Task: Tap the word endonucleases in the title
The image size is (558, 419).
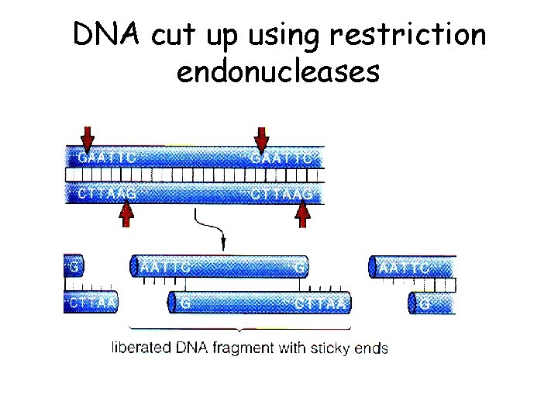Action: pyautogui.click(x=278, y=71)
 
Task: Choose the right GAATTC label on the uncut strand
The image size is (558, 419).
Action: pyautogui.click(x=281, y=158)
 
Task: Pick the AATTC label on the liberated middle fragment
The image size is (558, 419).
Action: pyautogui.click(x=165, y=266)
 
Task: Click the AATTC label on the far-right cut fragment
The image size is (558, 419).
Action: pyautogui.click(x=405, y=266)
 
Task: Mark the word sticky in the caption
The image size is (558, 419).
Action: pyautogui.click(x=335, y=348)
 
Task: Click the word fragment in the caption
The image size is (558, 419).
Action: pyautogui.click(x=239, y=348)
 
